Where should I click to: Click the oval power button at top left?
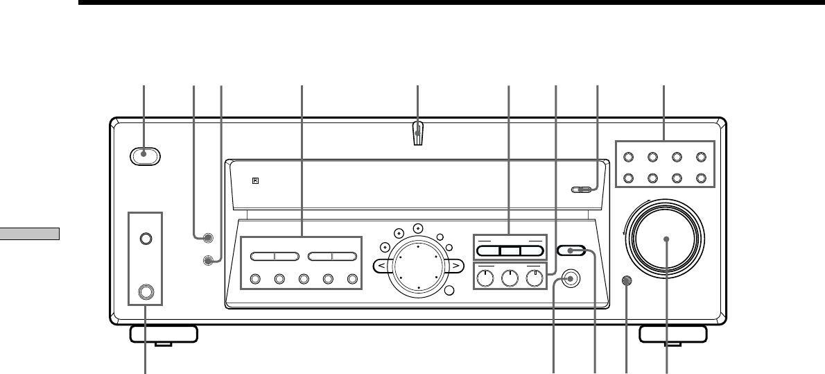pyautogui.click(x=145, y=157)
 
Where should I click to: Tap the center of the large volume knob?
pyautogui.click(x=666, y=239)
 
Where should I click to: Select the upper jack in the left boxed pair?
pyautogui.click(x=146, y=238)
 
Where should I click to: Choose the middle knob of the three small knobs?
pyautogui.click(x=510, y=279)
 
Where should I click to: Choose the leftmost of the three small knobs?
pyautogui.click(x=485, y=279)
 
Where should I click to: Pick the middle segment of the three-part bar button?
pyautogui.click(x=509, y=252)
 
